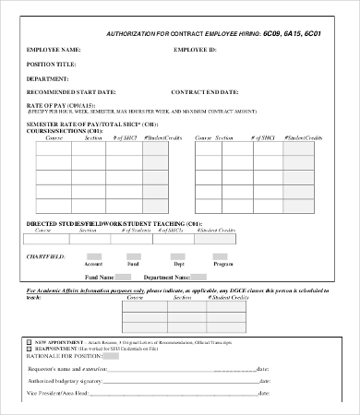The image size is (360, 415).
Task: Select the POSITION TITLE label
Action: [51, 64]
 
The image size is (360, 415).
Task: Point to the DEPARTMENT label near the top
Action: [48, 78]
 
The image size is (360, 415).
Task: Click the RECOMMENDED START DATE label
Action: [71, 93]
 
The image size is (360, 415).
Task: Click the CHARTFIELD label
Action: [45, 255]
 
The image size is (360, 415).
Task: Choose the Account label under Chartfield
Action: [93, 264]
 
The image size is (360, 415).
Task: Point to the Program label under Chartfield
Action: [222, 264]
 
